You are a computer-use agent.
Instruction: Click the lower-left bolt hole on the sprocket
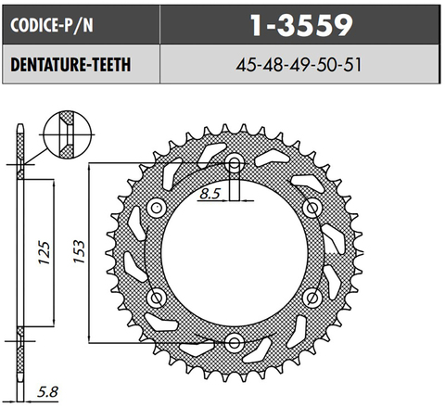(157, 298)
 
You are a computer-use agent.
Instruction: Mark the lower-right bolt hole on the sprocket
(311, 298)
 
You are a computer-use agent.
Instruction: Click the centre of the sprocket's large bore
(234, 252)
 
